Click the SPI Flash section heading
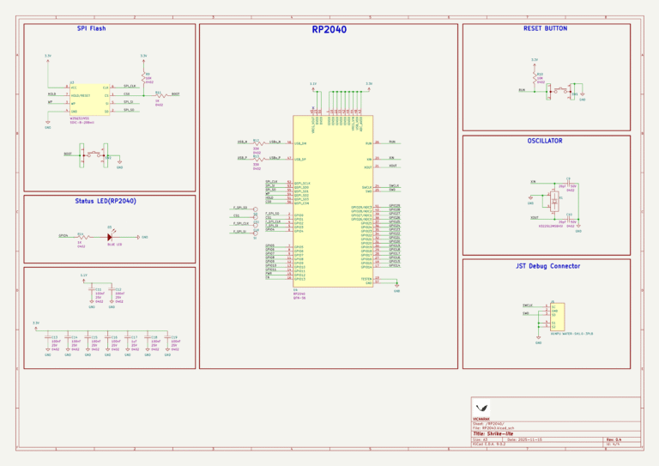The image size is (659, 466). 91,28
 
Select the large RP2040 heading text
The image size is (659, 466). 329,29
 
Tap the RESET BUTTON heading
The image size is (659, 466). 545,28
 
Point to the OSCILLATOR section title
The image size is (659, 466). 545,140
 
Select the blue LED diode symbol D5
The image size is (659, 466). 110,236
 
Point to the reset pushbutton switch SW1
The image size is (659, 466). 564,89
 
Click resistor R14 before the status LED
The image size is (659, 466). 82,236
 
